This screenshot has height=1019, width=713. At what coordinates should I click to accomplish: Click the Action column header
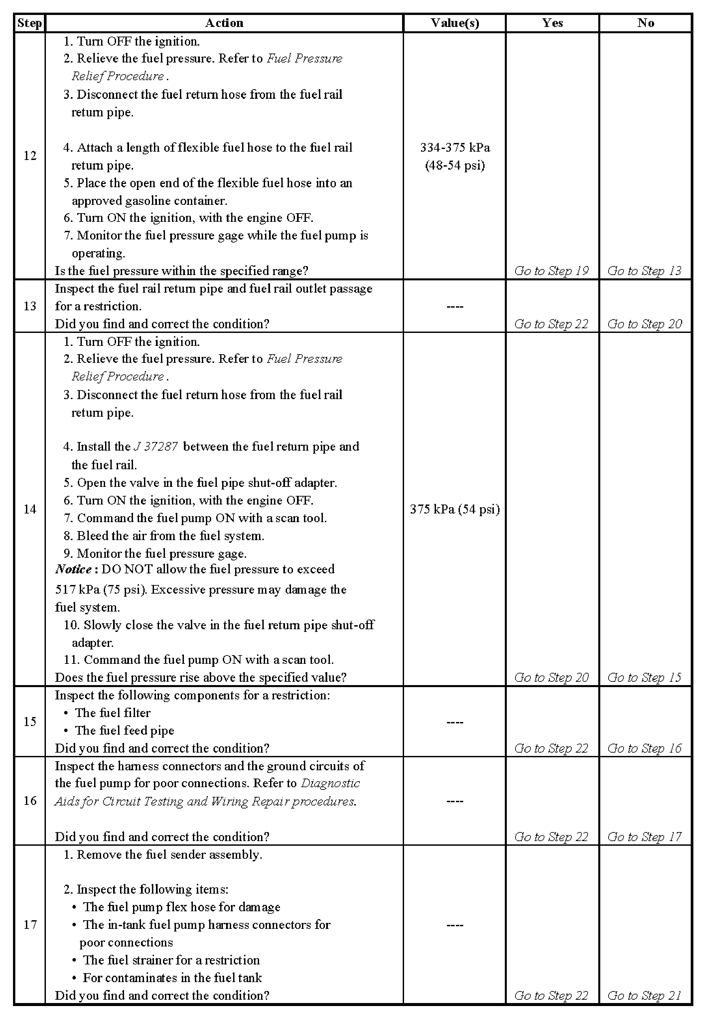[x=224, y=23]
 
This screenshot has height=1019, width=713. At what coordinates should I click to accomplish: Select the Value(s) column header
[x=455, y=23]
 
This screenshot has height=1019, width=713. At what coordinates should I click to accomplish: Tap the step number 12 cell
[x=30, y=156]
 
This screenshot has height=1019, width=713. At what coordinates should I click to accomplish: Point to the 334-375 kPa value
[x=455, y=148]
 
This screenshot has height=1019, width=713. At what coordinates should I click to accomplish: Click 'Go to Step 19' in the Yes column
[x=551, y=271]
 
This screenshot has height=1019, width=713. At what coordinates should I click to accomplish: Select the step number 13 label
[x=30, y=306]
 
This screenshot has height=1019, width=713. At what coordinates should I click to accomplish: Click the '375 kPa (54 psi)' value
[x=455, y=509]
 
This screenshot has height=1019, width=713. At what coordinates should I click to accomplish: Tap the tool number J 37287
[x=156, y=447]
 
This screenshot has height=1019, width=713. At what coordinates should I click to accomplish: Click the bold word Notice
[x=73, y=569]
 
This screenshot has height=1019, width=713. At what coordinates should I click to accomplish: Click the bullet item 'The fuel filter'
[x=113, y=713]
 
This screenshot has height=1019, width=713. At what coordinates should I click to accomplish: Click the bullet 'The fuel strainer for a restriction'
[x=171, y=960]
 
